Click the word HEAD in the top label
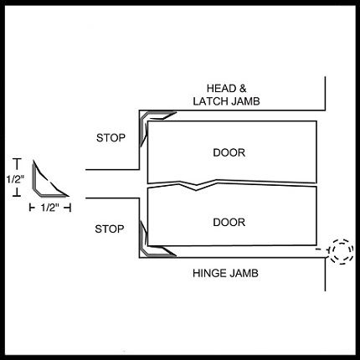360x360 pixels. (221, 89)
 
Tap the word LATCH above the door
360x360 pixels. (210, 101)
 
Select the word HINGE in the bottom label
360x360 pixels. (208, 273)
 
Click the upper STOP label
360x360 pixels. (111, 137)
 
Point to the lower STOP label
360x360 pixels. (110, 229)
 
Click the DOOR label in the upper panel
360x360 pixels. (229, 152)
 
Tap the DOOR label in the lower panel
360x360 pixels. (229, 223)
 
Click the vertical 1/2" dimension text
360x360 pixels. (16, 179)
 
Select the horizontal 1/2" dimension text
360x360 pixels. (50, 208)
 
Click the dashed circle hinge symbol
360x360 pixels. (342, 251)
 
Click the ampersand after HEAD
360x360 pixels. (242, 89)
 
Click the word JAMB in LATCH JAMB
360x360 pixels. (244, 101)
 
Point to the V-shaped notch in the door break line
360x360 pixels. (197, 188)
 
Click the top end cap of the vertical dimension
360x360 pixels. (18, 159)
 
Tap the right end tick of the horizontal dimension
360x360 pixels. (69, 208)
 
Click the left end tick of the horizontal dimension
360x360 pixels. (30, 208)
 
